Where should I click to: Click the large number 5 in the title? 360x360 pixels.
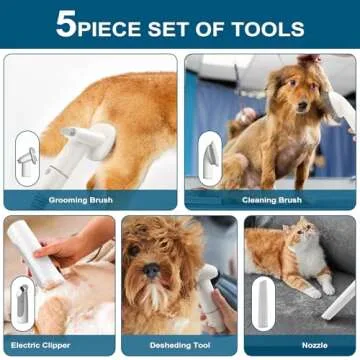pyautogui.click(x=65, y=25)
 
